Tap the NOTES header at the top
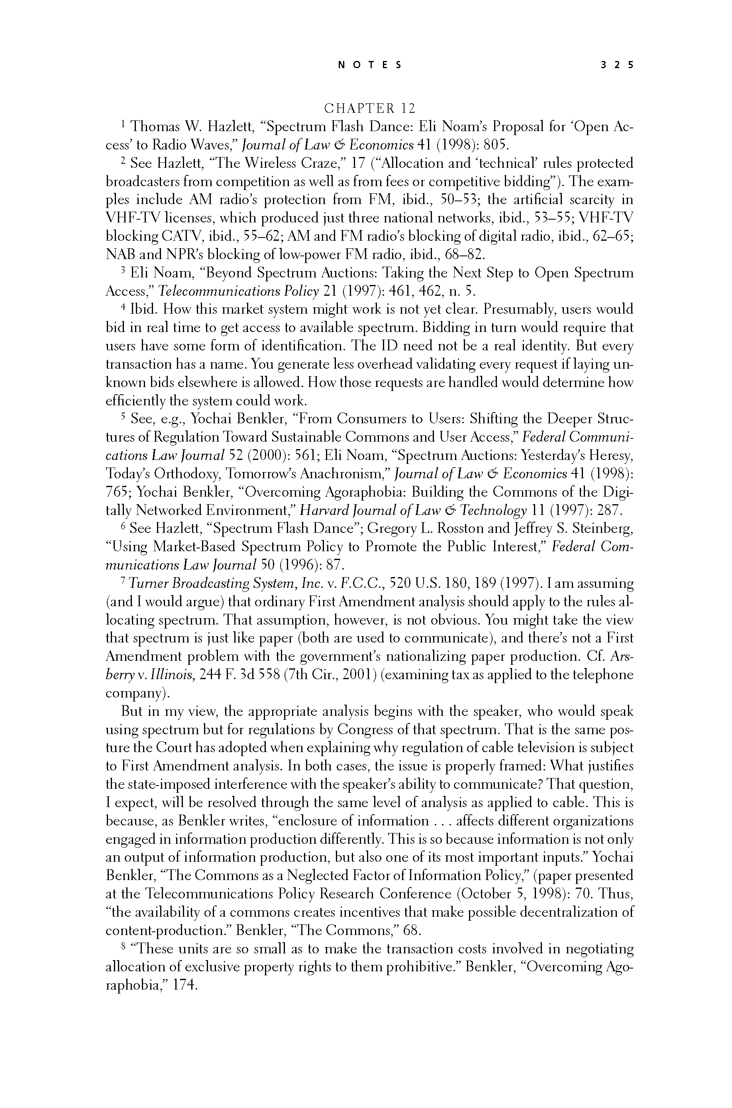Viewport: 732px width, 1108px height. pos(369,65)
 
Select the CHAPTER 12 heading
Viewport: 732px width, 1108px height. pos(369,108)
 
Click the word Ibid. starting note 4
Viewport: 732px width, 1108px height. pos(145,310)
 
